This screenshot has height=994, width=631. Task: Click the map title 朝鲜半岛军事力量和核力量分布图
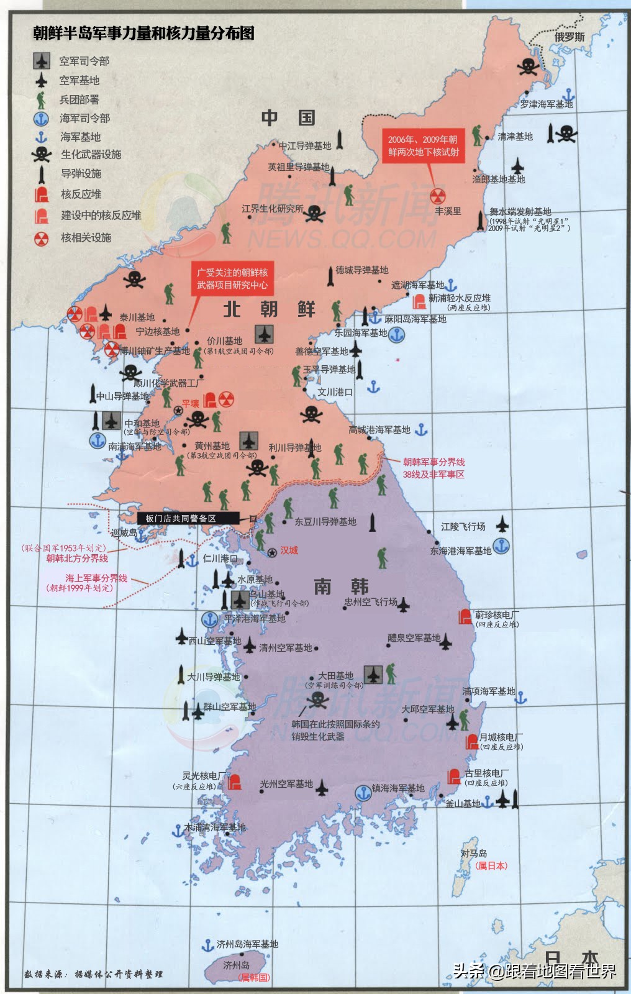[143, 34]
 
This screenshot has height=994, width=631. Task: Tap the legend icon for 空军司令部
[42, 61]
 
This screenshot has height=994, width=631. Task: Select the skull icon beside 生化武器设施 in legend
[42, 155]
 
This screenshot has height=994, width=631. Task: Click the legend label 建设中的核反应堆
[101, 216]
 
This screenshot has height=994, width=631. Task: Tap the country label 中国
[288, 117]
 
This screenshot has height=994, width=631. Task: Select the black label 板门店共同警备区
[180, 518]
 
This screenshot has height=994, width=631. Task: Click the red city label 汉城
[289, 550]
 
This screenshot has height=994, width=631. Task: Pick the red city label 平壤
[190, 404]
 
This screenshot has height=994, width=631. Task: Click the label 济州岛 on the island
[236, 965]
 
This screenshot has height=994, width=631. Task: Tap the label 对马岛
[473, 854]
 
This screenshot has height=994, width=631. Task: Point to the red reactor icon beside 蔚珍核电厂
[465, 617]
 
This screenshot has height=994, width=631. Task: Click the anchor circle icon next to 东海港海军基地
[501, 546]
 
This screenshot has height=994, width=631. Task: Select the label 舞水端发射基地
[520, 211]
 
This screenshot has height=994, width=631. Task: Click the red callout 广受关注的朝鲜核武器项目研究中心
[232, 278]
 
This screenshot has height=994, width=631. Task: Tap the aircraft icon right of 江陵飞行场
[502, 526]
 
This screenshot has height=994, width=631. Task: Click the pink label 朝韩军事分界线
[434, 462]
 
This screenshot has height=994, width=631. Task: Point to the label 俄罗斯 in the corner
[570, 37]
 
